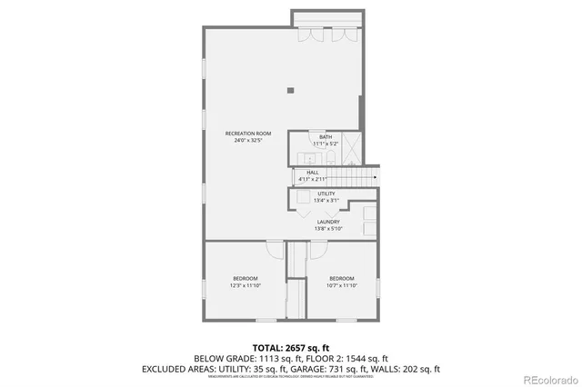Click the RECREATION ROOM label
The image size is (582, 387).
[x=248, y=134]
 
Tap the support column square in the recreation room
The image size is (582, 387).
[x=290, y=89]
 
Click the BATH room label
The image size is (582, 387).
[x=325, y=137]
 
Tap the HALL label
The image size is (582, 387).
[x=312, y=172]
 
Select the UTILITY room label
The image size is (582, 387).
[x=326, y=193]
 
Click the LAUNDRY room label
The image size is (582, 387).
[x=328, y=222]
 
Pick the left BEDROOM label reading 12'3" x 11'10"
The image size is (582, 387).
[x=245, y=278]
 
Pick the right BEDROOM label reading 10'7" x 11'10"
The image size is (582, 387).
[x=341, y=278]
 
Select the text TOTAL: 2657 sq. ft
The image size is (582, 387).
[x=290, y=347]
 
